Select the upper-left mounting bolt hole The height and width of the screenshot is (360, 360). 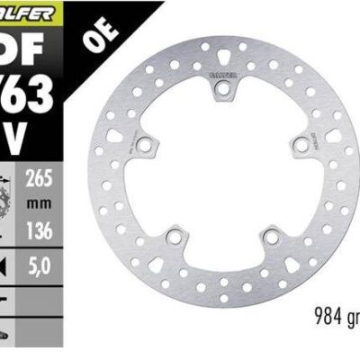[x=145, y=143]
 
